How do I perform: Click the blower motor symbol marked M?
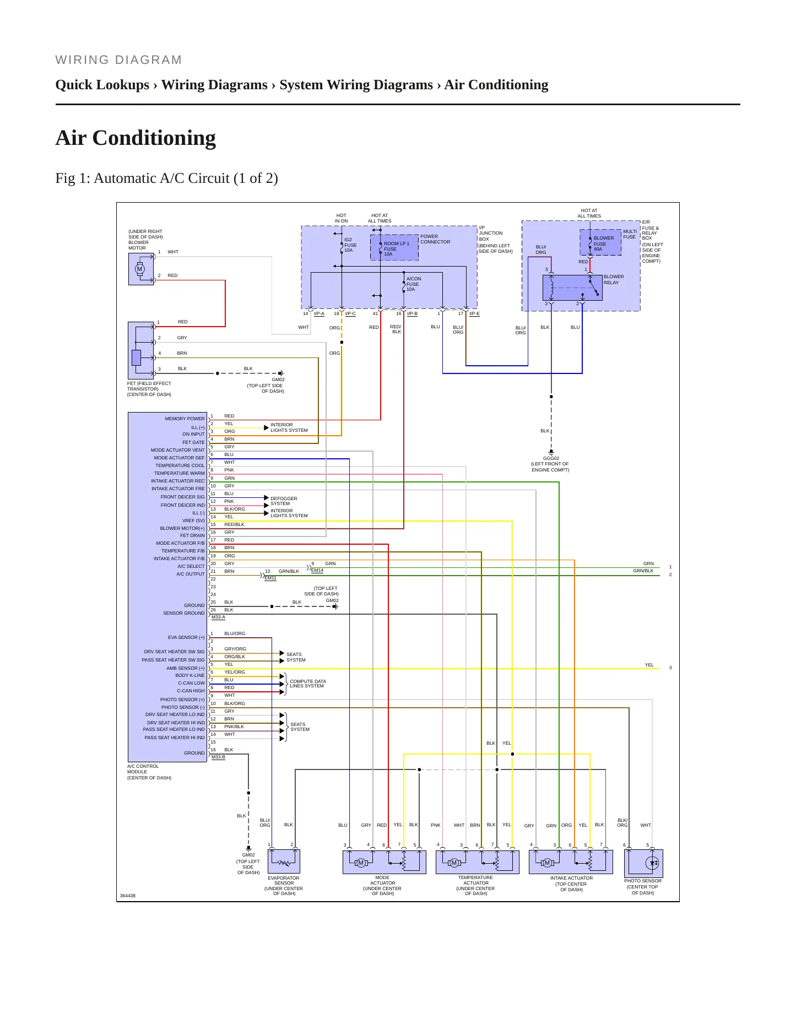139,269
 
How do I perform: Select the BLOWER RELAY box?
572,288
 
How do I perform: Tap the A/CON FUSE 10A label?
414,284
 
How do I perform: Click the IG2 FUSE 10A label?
350,245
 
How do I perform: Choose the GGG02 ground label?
551,458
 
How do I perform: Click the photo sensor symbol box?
643,863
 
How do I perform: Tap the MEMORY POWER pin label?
185,419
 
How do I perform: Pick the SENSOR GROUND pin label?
183,613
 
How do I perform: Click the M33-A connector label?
218,617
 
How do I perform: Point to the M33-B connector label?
218,757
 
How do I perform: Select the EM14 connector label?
317,571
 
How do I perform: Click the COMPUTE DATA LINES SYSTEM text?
308,684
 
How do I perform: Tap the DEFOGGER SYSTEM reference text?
284,501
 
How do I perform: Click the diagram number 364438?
128,896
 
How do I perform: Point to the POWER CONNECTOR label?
435,239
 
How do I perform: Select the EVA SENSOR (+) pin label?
186,637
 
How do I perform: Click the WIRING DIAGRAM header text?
118,60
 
